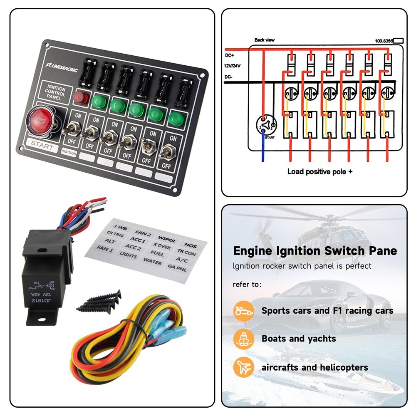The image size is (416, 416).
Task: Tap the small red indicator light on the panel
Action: point(80,97)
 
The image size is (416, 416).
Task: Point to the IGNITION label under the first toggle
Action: point(69,153)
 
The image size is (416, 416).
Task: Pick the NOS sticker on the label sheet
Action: point(191,246)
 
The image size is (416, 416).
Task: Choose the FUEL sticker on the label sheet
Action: point(157,253)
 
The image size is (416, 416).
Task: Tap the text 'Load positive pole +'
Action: point(320,171)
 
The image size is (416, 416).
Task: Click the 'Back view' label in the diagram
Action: point(265,40)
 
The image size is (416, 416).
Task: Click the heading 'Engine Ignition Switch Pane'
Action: point(315,251)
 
